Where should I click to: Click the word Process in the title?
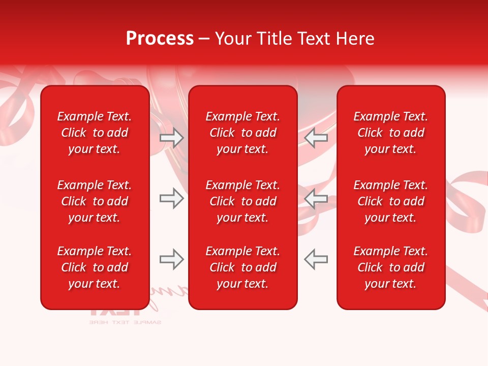pyautogui.click(x=160, y=39)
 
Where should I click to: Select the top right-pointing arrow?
pyautogui.click(x=171, y=137)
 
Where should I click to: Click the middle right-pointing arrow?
pyautogui.click(x=171, y=198)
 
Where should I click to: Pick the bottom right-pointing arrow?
pyautogui.click(x=171, y=259)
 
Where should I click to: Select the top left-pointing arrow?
pyautogui.click(x=316, y=137)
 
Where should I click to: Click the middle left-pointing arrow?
pyautogui.click(x=316, y=198)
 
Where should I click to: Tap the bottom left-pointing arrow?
pyautogui.click(x=316, y=259)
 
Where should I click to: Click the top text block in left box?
pyautogui.click(x=95, y=133)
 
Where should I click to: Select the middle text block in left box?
pyautogui.click(x=95, y=201)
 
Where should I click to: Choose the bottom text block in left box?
pyautogui.click(x=95, y=267)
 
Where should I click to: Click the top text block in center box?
pyautogui.click(x=243, y=133)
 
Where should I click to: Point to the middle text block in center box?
pyautogui.click(x=243, y=201)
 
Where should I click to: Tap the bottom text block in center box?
pyautogui.click(x=243, y=267)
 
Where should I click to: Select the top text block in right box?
pyautogui.click(x=391, y=133)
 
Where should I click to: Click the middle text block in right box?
pyautogui.click(x=391, y=201)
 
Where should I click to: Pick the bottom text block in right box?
pyautogui.click(x=391, y=267)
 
